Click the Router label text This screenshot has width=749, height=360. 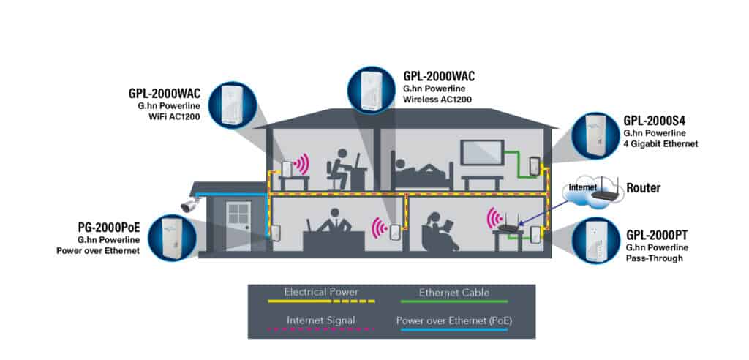pyautogui.click(x=643, y=188)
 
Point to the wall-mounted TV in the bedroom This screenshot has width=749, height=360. pyautogui.click(x=481, y=151)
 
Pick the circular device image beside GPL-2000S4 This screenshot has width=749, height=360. pyautogui.click(x=595, y=136)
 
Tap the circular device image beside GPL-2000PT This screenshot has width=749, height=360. pyautogui.click(x=597, y=242)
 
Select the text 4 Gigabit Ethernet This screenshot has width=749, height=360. pyautogui.click(x=661, y=144)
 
